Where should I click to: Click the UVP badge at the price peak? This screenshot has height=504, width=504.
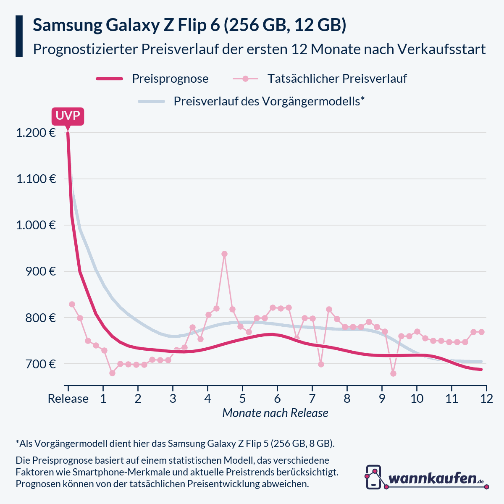[68, 116]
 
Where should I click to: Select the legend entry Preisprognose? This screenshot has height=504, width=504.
[170, 79]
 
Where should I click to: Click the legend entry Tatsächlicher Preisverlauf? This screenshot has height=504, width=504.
[337, 79]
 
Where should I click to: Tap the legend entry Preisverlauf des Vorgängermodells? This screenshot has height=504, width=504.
[269, 101]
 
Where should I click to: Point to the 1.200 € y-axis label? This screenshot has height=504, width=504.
[36, 133]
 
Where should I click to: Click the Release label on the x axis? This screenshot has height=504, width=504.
[68, 399]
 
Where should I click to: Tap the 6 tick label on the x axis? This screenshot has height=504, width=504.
[277, 399]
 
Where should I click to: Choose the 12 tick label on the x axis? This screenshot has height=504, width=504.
[486, 399]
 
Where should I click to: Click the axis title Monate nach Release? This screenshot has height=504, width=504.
[275, 413]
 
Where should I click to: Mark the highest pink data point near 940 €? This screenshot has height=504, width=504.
[224, 254]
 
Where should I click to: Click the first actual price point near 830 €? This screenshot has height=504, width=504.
[72, 304]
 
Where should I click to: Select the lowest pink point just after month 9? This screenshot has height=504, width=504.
[393, 373]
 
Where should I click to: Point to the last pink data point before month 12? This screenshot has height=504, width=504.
[481, 332]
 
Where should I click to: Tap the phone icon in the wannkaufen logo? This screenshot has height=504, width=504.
[373, 477]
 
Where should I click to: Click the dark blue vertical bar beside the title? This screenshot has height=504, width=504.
[19, 36]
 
